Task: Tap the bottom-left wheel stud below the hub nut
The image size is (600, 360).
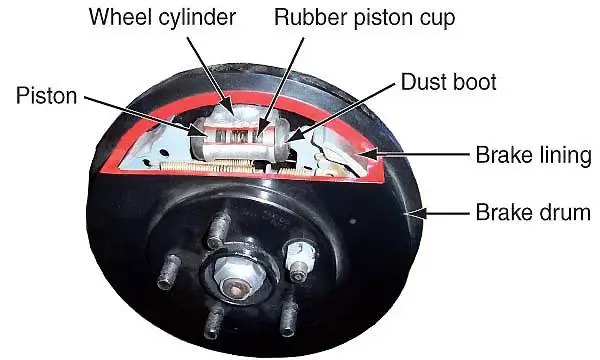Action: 213,322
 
